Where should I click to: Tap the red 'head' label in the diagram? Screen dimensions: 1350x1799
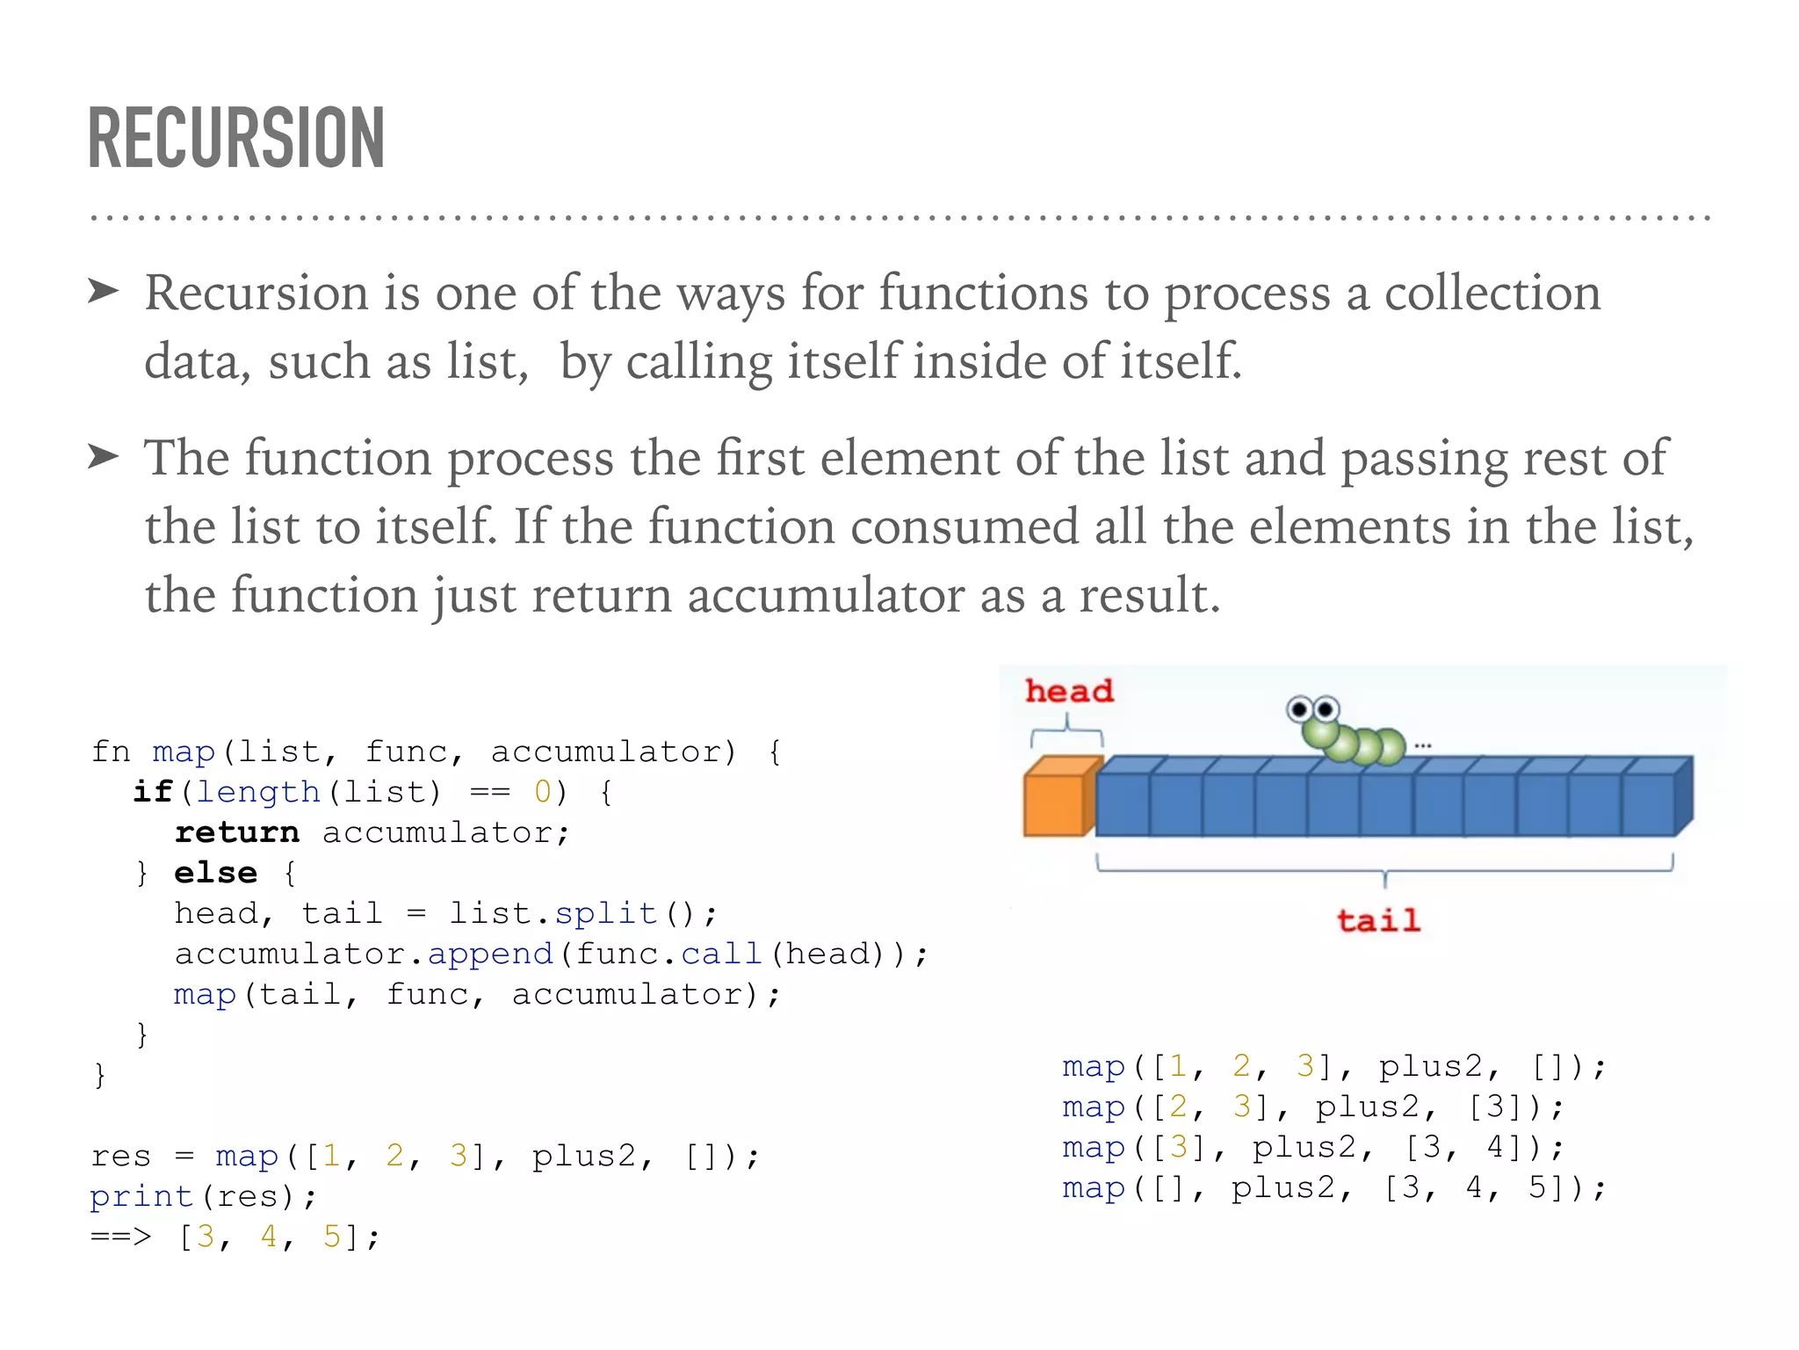(x=1069, y=691)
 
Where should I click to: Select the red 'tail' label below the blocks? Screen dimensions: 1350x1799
(x=1378, y=920)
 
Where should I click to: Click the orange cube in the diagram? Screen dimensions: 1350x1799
(x=1058, y=800)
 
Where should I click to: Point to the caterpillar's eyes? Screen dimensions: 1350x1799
(x=1313, y=709)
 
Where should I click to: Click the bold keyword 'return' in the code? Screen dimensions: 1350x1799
(x=237, y=832)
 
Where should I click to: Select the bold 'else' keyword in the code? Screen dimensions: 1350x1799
(x=216, y=873)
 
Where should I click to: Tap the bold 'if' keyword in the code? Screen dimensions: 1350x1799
(x=153, y=792)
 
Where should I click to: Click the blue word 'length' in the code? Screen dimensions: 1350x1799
(x=257, y=792)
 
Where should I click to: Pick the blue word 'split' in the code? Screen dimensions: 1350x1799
(x=606, y=913)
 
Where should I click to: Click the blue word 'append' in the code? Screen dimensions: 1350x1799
(x=490, y=954)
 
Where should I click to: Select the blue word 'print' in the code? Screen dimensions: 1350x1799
(x=141, y=1196)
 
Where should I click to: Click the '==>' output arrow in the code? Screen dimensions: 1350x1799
(x=121, y=1237)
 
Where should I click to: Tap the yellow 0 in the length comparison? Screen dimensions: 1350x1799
(x=543, y=792)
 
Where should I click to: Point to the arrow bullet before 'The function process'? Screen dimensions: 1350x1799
(x=104, y=456)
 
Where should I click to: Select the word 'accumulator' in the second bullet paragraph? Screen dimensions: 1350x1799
(x=826, y=595)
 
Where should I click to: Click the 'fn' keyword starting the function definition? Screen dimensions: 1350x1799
(x=111, y=751)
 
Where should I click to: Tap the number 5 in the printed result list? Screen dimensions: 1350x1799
(x=332, y=1237)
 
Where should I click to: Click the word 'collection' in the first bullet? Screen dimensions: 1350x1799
(x=1492, y=293)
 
